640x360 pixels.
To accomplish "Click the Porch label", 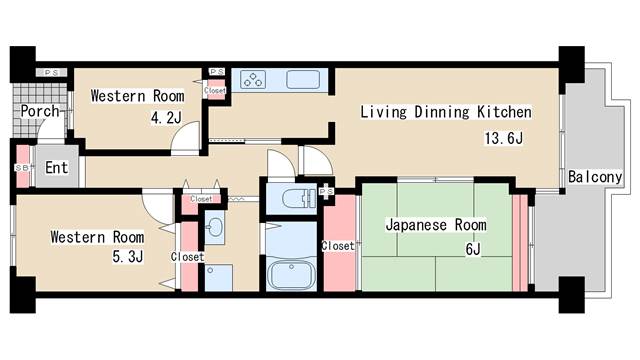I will [x=39, y=112].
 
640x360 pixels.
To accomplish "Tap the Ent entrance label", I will [x=57, y=168].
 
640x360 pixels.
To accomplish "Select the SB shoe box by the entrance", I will [x=21, y=168].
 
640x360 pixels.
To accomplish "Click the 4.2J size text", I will [x=165, y=118].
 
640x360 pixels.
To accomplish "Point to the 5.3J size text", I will [x=127, y=257].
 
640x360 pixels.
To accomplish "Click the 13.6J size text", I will [x=504, y=139].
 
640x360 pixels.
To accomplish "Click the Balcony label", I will [x=595, y=177].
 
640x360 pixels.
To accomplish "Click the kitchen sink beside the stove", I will [x=302, y=80].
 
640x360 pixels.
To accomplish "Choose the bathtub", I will [x=291, y=272].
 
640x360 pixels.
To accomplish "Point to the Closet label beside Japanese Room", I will [x=337, y=246].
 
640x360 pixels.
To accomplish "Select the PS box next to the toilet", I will [x=325, y=190].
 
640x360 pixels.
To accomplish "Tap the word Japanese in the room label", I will [x=415, y=224].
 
